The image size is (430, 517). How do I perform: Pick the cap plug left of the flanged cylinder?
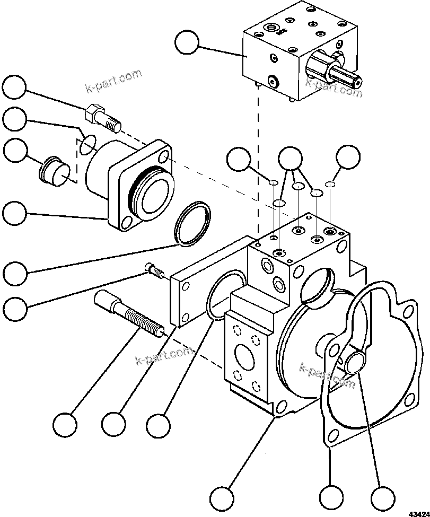54,170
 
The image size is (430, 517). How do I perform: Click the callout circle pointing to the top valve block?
187,42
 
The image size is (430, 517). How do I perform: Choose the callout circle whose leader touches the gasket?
331,497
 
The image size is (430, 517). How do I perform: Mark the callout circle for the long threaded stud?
65,424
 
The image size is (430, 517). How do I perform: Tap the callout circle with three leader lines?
290,157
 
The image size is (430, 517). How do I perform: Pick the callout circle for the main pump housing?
221,497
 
